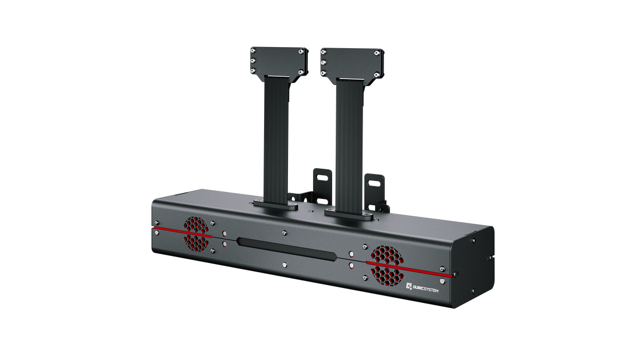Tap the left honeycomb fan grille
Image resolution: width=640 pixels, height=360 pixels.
[x=196, y=234]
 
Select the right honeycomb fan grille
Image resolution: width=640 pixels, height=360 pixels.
[x=386, y=265]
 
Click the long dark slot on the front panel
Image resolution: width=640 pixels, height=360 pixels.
[x=286, y=248]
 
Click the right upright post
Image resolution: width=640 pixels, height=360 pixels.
[x=350, y=145]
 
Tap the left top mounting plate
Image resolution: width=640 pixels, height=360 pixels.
[x=279, y=61]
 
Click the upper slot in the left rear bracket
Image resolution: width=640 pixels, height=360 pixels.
[x=322, y=177]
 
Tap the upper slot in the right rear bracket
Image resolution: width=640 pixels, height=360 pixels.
[x=374, y=184]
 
